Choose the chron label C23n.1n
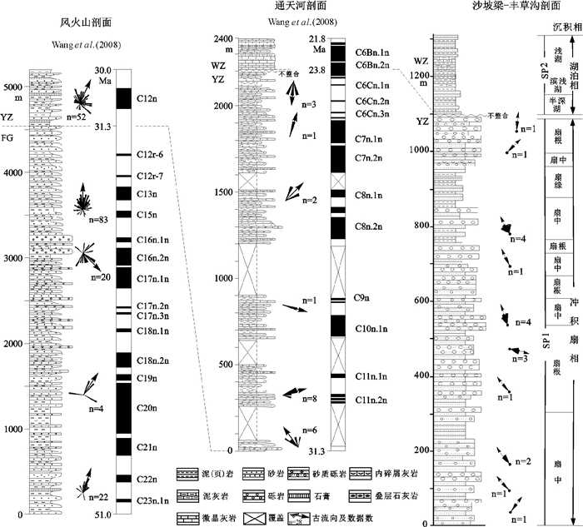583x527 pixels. [152, 501]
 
